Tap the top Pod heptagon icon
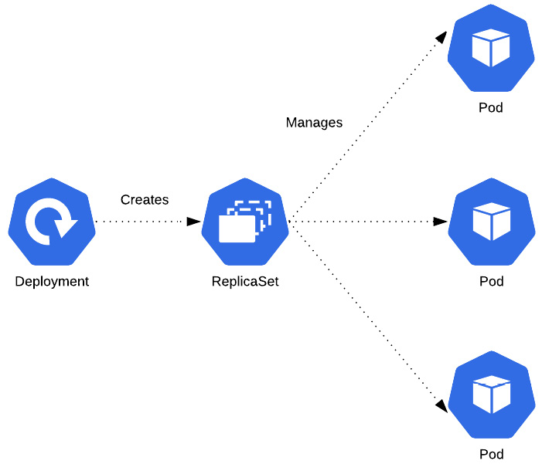[491, 48]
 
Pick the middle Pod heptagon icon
[491, 222]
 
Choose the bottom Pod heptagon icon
[491, 395]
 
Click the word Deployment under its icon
[52, 282]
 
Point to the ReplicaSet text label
[245, 282]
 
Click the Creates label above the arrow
[145, 200]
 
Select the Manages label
[314, 123]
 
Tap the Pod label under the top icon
[491, 108]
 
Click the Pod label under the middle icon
[491, 282]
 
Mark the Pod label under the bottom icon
[491, 454]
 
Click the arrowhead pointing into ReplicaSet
[193, 222]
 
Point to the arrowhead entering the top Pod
[441, 38]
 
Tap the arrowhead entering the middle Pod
[440, 222]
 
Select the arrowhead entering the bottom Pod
[441, 405]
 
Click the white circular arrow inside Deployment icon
[49, 222]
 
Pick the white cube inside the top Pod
[491, 48]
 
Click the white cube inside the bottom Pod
[491, 395]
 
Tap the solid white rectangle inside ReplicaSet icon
[237, 229]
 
